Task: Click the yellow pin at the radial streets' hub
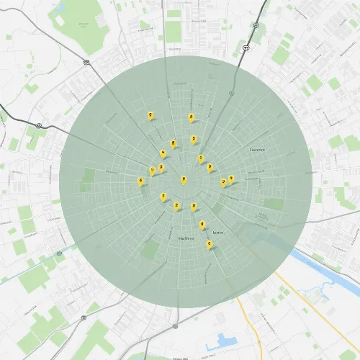184,179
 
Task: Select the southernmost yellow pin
210,245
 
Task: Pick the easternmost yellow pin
231,179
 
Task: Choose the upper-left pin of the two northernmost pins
150,114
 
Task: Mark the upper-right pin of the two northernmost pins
191,117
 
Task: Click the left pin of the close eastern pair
223,181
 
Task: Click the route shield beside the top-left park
86,62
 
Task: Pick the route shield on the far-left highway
37,125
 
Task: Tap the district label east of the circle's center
256,150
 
